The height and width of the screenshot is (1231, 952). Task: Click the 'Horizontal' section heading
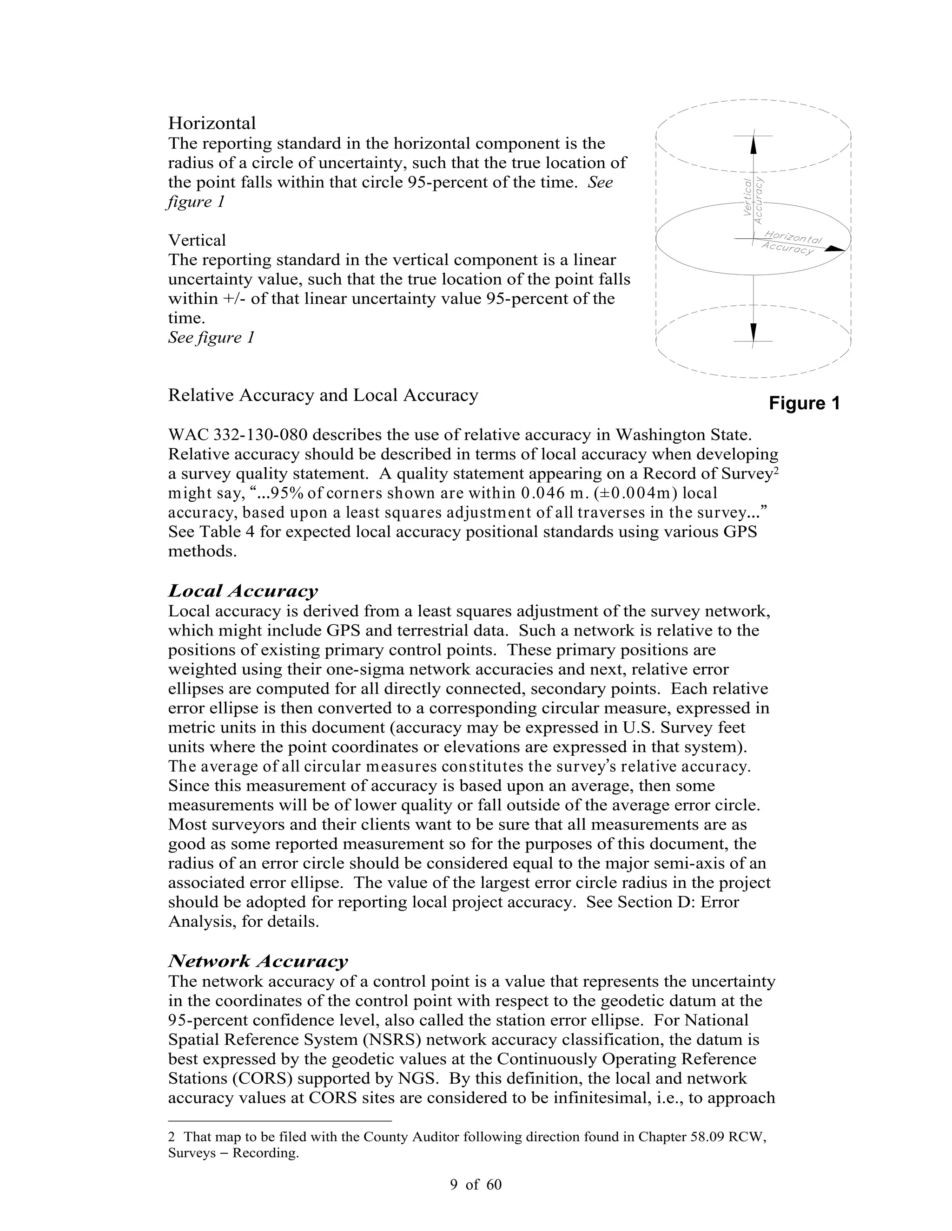(212, 123)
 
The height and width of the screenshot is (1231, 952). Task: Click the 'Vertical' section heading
(197, 240)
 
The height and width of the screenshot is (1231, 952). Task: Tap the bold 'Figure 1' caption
(804, 404)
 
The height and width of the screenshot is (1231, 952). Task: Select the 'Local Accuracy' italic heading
(243, 591)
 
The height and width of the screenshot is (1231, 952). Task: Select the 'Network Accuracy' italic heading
(258, 961)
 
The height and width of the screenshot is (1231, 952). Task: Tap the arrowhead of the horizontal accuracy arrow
(835, 248)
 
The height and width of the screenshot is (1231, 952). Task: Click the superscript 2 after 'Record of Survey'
(775, 470)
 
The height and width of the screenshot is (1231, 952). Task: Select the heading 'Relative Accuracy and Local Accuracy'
(323, 395)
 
